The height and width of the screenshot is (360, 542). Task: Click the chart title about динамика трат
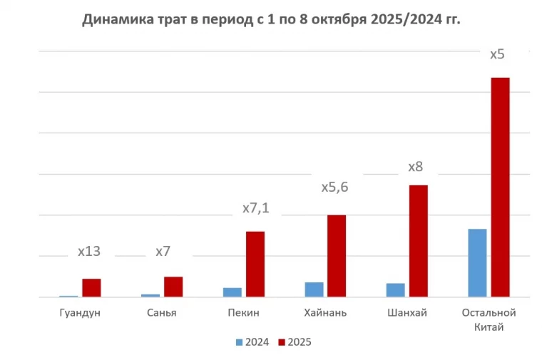pyautogui.click(x=271, y=19)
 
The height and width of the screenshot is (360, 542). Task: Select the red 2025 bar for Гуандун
pyautogui.click(x=91, y=287)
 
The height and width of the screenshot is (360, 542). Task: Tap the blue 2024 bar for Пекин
pyautogui.click(x=232, y=292)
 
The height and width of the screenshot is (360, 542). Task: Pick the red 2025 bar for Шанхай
pyautogui.click(x=418, y=240)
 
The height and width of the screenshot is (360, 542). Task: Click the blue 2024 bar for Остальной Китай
pyautogui.click(x=477, y=262)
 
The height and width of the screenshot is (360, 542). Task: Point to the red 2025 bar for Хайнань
pyautogui.click(x=337, y=255)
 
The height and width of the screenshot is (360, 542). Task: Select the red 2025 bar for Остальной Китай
pyautogui.click(x=500, y=187)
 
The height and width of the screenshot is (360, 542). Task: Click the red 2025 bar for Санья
pyautogui.click(x=173, y=287)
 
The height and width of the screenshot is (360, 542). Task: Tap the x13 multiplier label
pyautogui.click(x=88, y=251)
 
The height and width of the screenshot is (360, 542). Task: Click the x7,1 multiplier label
pyautogui.click(x=255, y=208)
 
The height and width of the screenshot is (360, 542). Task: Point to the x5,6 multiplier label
pyautogui.click(x=334, y=187)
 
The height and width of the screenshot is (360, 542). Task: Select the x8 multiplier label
pyautogui.click(x=415, y=167)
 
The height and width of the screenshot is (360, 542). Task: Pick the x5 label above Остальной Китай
pyautogui.click(x=498, y=54)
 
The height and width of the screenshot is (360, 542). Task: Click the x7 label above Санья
pyautogui.click(x=163, y=251)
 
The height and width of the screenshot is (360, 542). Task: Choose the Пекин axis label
pyautogui.click(x=243, y=312)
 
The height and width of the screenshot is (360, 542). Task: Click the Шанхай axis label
pyautogui.click(x=406, y=312)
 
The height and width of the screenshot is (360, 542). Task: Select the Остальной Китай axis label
pyautogui.click(x=488, y=319)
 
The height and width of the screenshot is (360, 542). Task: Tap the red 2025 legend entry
pyautogui.click(x=295, y=342)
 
